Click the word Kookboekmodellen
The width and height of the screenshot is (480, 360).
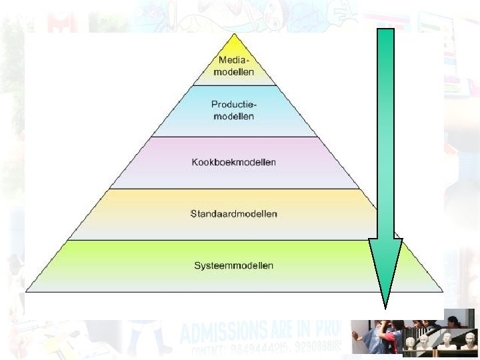click(x=233, y=163)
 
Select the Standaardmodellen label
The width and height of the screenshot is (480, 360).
click(x=233, y=214)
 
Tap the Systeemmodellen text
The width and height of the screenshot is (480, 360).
click(x=233, y=265)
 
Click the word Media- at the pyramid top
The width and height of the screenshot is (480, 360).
click(x=234, y=61)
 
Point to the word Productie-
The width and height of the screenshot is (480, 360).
click(x=234, y=105)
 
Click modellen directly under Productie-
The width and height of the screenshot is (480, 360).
click(x=234, y=116)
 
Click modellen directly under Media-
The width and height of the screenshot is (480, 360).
click(x=234, y=72)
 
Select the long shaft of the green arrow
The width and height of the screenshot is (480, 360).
click(x=385, y=133)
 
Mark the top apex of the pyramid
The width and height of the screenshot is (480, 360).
click(x=234, y=34)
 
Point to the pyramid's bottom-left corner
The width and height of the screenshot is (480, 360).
click(x=27, y=291)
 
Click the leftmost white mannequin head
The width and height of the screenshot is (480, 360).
click(x=411, y=343)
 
